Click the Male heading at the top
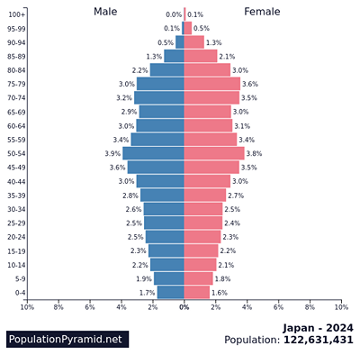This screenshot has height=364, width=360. [105, 12]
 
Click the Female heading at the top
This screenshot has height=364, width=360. [262, 12]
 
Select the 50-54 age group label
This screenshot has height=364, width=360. [16, 153]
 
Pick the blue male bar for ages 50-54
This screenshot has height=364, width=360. [154, 153]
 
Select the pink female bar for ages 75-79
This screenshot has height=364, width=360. [212, 84]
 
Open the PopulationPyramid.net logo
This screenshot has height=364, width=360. [65, 339]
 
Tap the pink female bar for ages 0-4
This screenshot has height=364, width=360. [197, 293]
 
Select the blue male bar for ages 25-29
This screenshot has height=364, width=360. [165, 223]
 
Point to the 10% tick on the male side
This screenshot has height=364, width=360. [27, 307]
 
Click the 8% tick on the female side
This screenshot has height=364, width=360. [310, 307]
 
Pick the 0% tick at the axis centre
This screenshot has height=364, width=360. [184, 307]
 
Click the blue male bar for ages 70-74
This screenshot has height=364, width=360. [159, 97]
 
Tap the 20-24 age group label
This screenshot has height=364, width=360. [16, 237]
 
